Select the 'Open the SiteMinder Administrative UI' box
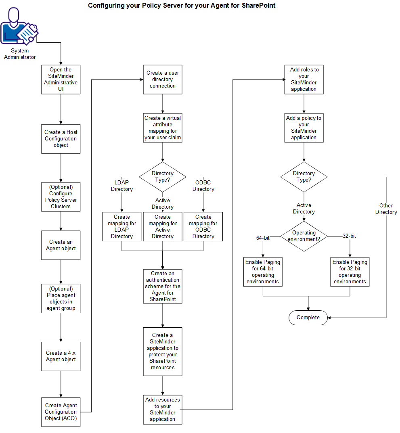coord(61,79)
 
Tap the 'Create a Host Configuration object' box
coord(61,138)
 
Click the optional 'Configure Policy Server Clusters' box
coord(61,197)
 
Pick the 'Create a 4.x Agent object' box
coord(61,356)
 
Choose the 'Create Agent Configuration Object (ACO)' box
coord(61,412)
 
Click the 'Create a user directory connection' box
coord(163,79)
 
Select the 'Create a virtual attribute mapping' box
coord(163,128)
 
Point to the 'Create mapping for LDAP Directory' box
coord(121,227)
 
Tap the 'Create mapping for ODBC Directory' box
coord(203,227)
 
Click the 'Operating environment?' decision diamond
coord(304,236)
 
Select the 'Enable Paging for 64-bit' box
coord(263,272)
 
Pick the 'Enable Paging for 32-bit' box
coord(350,272)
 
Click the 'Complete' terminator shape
coord(308,318)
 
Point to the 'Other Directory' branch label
coord(386,209)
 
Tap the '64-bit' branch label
coord(263,238)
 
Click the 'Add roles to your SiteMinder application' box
coord(304,79)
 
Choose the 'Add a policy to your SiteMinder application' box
coord(304,128)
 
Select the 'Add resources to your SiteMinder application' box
coord(163,409)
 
